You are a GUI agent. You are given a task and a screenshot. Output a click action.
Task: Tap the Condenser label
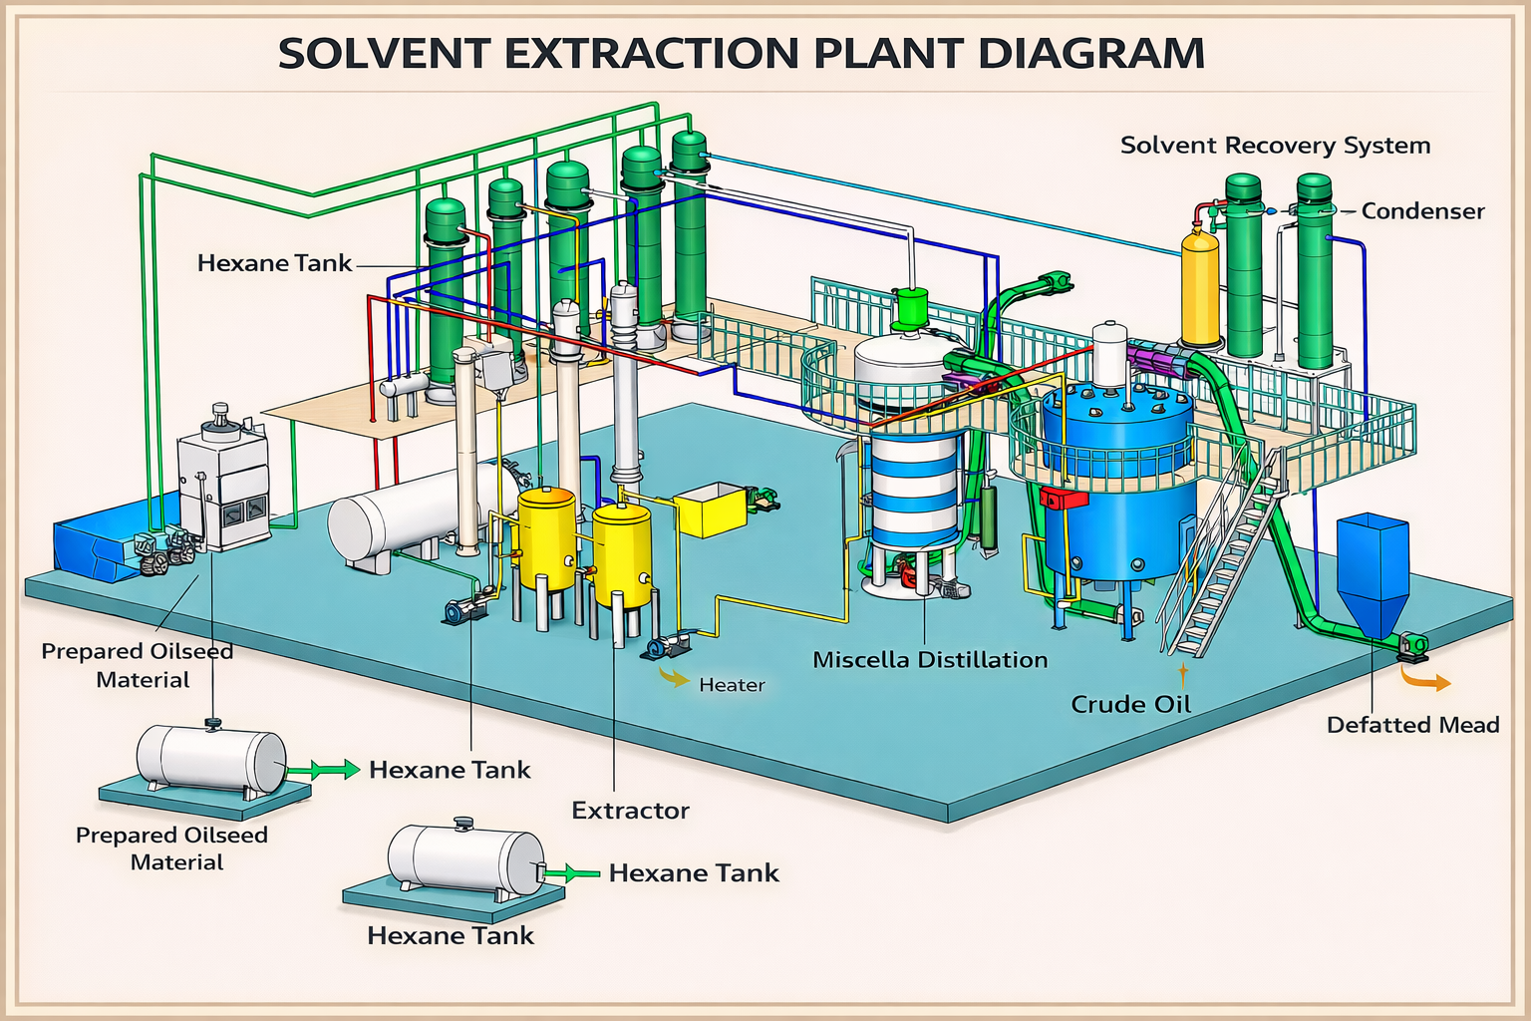1422,211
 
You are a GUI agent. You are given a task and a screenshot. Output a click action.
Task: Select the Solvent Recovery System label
1275,146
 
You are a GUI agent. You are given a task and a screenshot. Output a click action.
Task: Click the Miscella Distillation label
930,660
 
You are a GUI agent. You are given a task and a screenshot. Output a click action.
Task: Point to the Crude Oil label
1130,705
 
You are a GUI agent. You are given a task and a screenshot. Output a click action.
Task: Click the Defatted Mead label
1412,725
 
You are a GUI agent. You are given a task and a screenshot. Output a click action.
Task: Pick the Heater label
732,685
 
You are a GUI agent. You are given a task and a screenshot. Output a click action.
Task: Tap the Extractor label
630,811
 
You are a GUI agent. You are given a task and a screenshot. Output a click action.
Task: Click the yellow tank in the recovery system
1199,289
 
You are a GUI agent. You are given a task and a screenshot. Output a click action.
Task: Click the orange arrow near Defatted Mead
1426,681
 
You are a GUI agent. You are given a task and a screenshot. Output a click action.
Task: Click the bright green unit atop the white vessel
910,309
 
